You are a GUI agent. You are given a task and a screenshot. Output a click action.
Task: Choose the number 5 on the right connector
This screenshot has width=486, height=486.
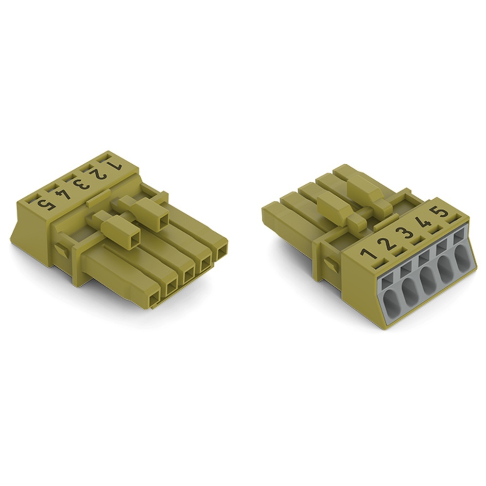[x=440, y=213]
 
